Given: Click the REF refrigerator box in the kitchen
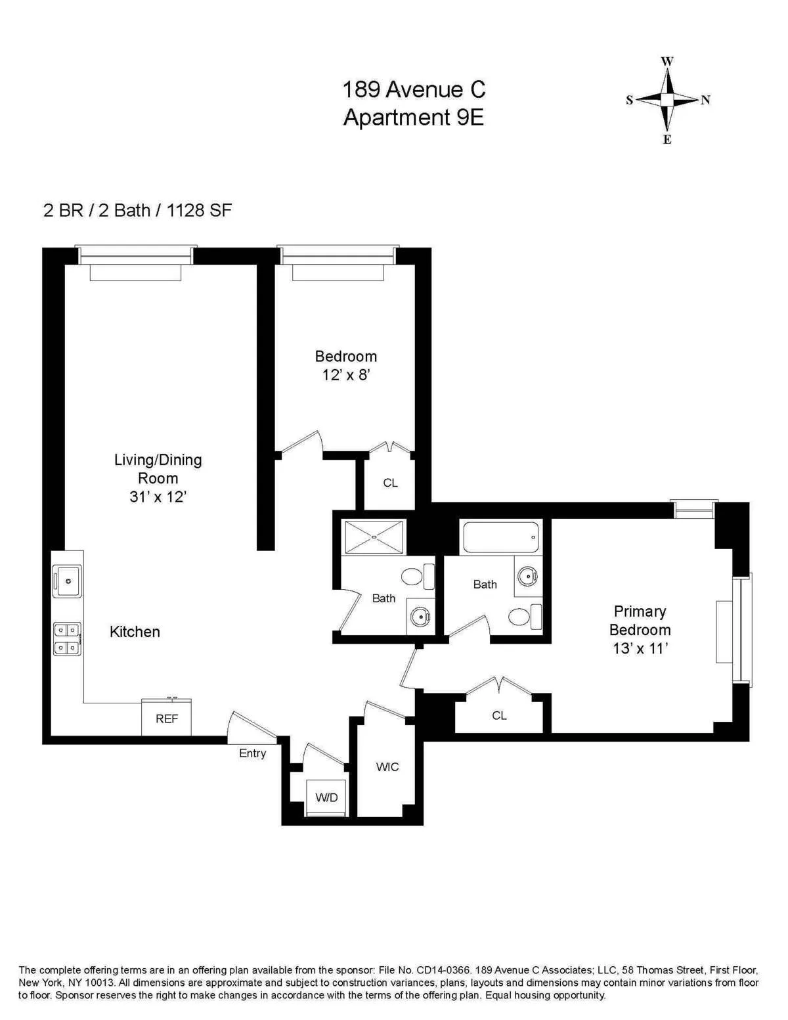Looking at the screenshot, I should click(167, 719).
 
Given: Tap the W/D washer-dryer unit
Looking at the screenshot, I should click(326, 797).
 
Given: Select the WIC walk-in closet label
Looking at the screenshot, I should click(387, 766).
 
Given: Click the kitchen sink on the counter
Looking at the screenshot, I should click(67, 581).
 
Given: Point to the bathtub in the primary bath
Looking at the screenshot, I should click(500, 537).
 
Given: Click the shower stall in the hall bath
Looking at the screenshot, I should click(374, 537).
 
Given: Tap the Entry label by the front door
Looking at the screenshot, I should click(252, 753).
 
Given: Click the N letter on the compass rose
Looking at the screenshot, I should click(705, 100).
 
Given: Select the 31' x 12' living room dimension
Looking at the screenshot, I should click(158, 497).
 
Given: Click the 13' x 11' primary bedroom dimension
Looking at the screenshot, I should click(640, 648).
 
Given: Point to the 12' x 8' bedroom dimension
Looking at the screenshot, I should click(346, 375).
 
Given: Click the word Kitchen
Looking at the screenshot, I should click(135, 632).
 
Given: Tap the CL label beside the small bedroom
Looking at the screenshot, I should click(390, 483).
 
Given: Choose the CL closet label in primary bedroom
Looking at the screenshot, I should click(499, 715).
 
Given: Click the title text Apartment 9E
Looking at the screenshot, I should click(414, 118).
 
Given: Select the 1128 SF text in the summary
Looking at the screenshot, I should click(199, 210).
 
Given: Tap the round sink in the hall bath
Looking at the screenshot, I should click(420, 616).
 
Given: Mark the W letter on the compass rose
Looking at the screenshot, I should click(667, 61).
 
